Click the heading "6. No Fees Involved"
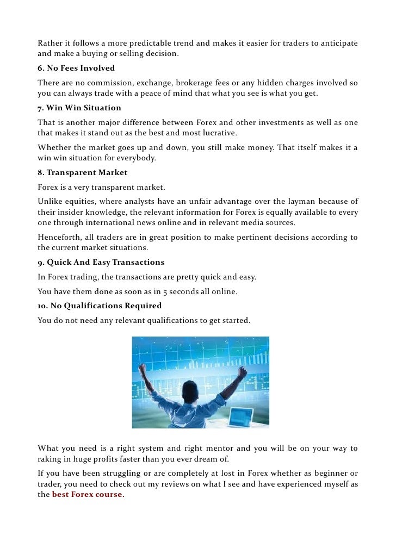pyautogui.click(x=76, y=69)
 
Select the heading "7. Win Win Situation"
pyautogui.click(x=79, y=108)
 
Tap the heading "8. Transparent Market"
pyautogui.click(x=82, y=172)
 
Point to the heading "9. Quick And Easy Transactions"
pyautogui.click(x=101, y=262)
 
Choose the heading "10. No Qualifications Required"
pyautogui.click(x=100, y=306)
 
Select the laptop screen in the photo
pyautogui.click(x=240, y=415)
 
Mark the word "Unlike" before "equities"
pyautogui.click(x=50, y=202)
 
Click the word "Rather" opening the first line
pyautogui.click(x=50, y=43)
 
